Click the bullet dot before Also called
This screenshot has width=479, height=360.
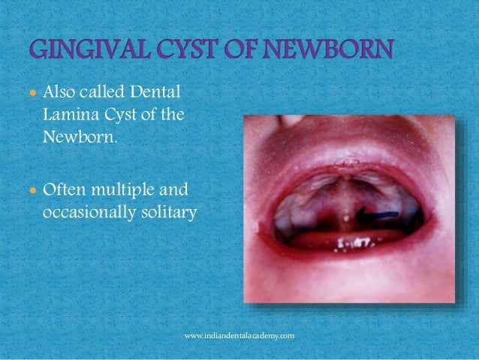[32, 95]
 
